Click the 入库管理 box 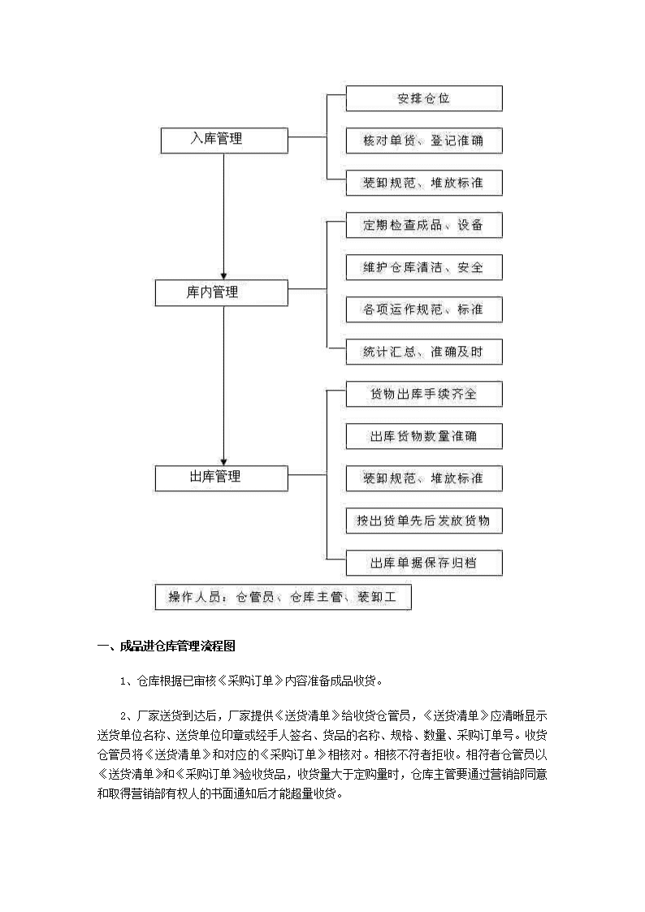(224, 140)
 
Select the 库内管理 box (221, 292)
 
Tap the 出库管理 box (221, 478)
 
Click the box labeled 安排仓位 (424, 98)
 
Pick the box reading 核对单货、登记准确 (424, 140)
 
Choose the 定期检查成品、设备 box (424, 225)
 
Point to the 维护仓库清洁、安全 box (424, 267)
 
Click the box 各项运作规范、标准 (424, 309)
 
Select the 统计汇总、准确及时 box (424, 352)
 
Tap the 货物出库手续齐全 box (424, 394)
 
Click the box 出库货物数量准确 (424, 436)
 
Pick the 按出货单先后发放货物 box (424, 521)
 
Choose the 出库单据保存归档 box (424, 563)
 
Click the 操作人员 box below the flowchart (284, 597)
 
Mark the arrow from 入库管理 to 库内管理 (224, 217)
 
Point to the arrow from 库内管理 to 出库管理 (224, 386)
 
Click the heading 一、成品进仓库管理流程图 (167, 646)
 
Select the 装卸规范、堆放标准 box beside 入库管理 (424, 183)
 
